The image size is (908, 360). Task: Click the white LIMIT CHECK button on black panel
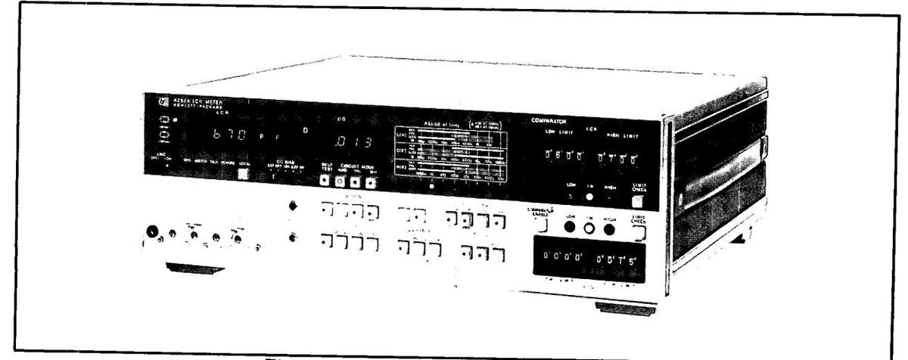pyautogui.click(x=640, y=200)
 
